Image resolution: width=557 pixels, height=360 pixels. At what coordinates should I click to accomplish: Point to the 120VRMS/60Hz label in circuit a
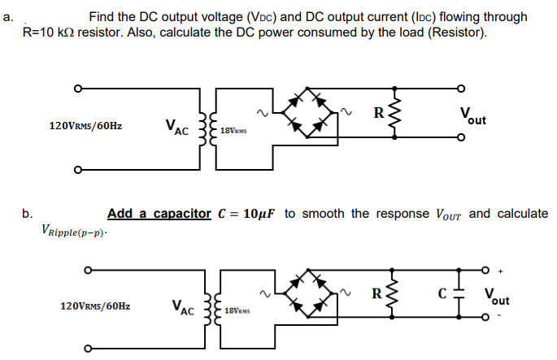click(x=85, y=126)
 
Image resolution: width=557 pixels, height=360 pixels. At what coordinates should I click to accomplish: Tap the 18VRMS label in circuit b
click(x=237, y=311)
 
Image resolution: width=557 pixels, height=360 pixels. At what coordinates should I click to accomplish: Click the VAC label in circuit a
click(x=176, y=126)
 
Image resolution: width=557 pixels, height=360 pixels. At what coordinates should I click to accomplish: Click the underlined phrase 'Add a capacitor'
click(x=159, y=214)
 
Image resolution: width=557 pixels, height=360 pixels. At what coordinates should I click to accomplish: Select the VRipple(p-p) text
click(x=73, y=232)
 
